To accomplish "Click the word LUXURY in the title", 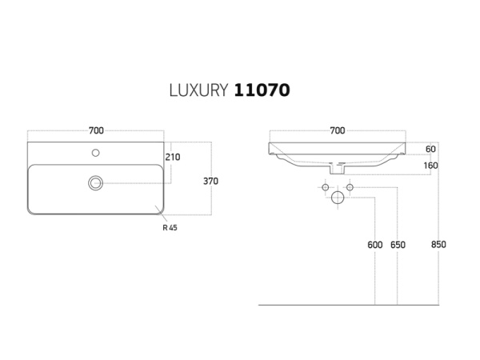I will click(x=199, y=90).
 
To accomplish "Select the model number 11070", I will click(x=262, y=90).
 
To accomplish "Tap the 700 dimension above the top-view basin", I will click(x=95, y=130).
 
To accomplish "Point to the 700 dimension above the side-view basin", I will click(x=337, y=130).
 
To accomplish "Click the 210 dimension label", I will click(x=172, y=157).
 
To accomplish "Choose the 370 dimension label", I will click(x=210, y=181).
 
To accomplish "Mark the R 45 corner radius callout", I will click(x=169, y=227).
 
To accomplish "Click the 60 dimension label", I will click(x=430, y=149).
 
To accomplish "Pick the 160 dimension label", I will click(x=430, y=166).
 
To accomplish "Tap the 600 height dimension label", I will click(x=375, y=245).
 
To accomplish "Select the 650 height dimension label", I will click(x=398, y=245).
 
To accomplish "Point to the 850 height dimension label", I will click(x=439, y=245).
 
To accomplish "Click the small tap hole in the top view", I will click(x=95, y=152).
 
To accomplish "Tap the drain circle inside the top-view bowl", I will click(x=95, y=183).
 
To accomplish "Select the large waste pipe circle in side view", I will click(x=337, y=197).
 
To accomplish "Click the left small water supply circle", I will click(x=325, y=187).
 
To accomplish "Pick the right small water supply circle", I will click(x=350, y=187).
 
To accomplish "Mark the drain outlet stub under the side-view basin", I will click(x=337, y=170).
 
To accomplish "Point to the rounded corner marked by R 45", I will click(x=158, y=210).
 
